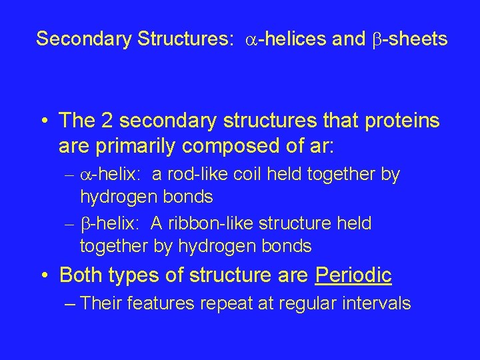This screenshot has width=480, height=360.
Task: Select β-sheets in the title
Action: click(x=409, y=39)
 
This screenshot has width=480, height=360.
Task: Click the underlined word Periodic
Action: click(x=353, y=275)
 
